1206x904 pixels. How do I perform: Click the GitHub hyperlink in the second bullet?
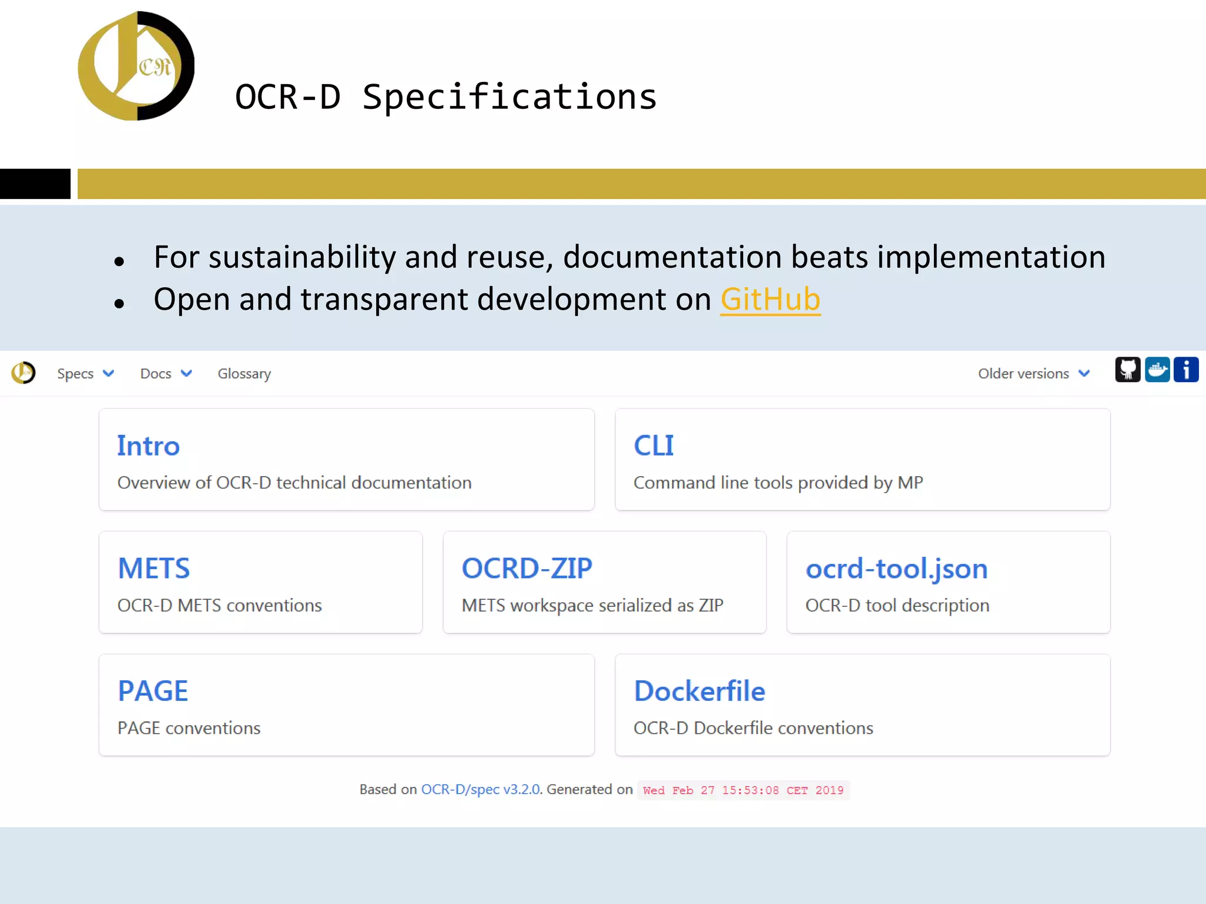(770, 300)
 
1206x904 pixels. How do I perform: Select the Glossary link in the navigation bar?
(244, 374)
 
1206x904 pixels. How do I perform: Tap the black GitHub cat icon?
(1128, 370)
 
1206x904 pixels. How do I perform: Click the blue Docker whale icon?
(1157, 370)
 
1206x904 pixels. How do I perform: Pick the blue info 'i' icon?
(1186, 370)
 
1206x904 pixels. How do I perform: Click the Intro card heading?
(148, 446)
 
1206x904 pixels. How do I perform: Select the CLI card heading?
(654, 446)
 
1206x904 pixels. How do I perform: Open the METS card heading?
(154, 569)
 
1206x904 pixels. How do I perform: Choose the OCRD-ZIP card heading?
(527, 569)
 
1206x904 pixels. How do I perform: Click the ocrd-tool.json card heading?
(896, 569)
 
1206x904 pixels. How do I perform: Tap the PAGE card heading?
(153, 691)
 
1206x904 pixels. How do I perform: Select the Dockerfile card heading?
(700, 691)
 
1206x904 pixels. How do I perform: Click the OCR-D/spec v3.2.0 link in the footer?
(481, 789)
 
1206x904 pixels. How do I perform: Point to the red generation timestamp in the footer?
(743, 790)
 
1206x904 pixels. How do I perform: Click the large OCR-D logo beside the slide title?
(136, 66)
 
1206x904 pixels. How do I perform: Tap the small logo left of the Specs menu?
(24, 373)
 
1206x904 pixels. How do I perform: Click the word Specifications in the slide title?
(509, 97)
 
